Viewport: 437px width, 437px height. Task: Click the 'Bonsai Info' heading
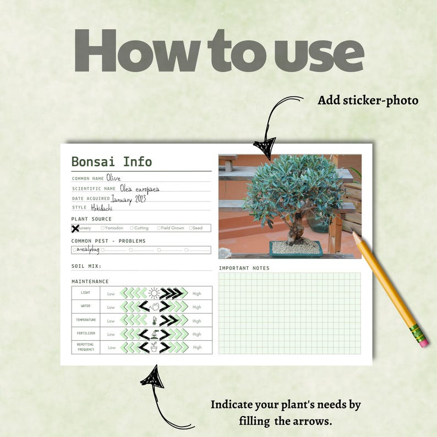pyautogui.click(x=111, y=162)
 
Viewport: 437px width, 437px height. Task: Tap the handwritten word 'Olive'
pyautogui.click(x=113, y=178)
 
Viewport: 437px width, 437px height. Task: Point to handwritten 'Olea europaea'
pyautogui.click(x=140, y=189)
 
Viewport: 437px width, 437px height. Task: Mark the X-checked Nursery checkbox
pyautogui.click(x=75, y=228)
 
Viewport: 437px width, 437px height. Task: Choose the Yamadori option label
pyautogui.click(x=114, y=228)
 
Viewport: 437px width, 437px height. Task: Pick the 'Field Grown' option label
pyautogui.click(x=172, y=228)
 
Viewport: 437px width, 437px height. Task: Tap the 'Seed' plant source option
pyautogui.click(x=197, y=228)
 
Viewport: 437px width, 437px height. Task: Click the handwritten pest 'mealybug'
pyautogui.click(x=88, y=249)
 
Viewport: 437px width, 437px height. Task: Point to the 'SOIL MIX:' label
pyautogui.click(x=86, y=266)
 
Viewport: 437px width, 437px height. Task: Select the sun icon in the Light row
pyautogui.click(x=154, y=293)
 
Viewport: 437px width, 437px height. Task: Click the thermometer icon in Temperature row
pyautogui.click(x=154, y=320)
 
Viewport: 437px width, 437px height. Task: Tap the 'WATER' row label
pyautogui.click(x=85, y=307)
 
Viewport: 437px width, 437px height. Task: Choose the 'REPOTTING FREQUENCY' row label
pyautogui.click(x=85, y=347)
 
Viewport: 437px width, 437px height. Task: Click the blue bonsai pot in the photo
pyautogui.click(x=296, y=248)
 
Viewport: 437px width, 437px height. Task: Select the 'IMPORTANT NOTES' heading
pyautogui.click(x=244, y=269)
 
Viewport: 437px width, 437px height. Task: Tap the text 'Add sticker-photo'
pyautogui.click(x=368, y=100)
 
